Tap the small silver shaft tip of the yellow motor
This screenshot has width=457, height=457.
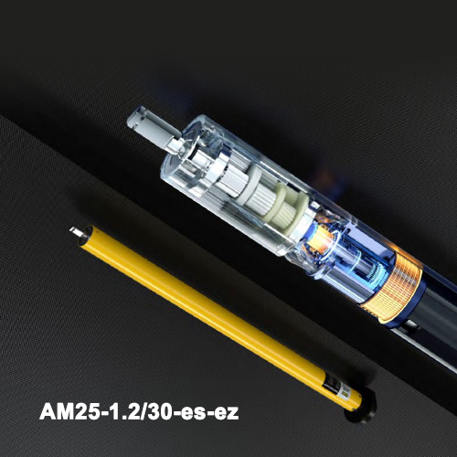[x=75, y=231]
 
